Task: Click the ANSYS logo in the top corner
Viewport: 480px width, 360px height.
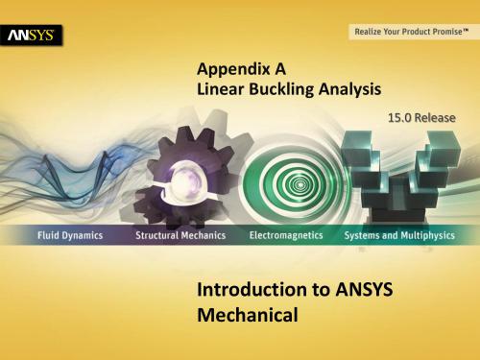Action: (34, 36)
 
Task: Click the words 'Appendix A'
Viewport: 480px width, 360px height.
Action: (234, 69)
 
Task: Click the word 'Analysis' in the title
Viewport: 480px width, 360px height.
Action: (348, 88)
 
